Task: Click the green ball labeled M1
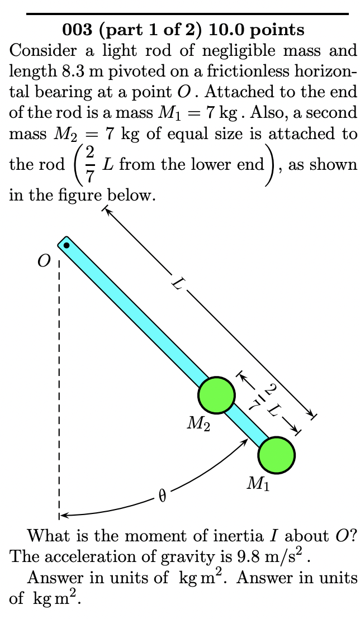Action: click(x=277, y=455)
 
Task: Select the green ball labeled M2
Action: click(x=216, y=395)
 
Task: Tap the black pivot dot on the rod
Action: click(x=67, y=245)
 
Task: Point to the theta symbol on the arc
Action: click(x=163, y=496)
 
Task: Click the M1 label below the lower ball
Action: click(x=258, y=484)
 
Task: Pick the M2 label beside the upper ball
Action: click(x=198, y=425)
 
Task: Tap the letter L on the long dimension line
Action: click(x=178, y=285)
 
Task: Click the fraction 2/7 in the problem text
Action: click(x=89, y=164)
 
